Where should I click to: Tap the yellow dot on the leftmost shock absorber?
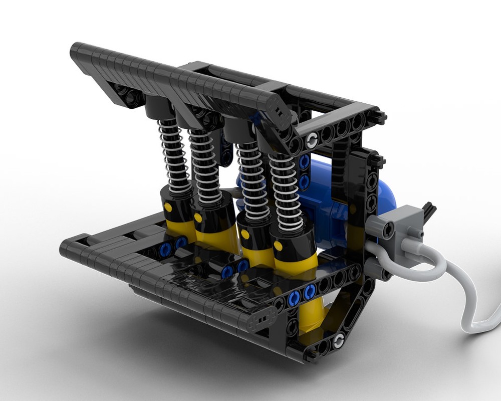tap(168, 207)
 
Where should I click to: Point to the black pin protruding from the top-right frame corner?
tap(383, 117)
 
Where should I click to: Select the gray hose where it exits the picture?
tap(493, 321)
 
